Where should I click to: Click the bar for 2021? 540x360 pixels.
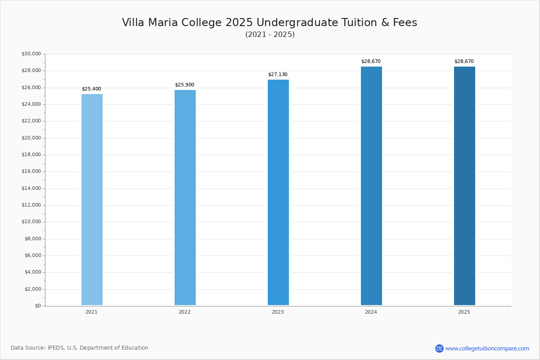coord(92,199)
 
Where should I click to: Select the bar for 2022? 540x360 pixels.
coord(185,198)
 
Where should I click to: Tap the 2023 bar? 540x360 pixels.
coord(278,192)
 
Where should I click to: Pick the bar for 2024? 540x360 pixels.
coord(371,186)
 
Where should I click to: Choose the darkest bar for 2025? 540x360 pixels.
coord(464,186)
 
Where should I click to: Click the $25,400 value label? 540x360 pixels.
coord(91,89)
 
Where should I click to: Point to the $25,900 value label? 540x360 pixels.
coord(184,85)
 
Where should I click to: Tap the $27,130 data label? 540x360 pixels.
coord(278,75)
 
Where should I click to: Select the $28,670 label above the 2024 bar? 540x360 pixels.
coord(371,62)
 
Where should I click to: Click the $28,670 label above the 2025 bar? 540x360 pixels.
coord(464,62)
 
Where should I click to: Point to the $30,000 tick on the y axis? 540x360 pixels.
coord(31,54)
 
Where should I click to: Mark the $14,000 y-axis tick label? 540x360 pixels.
coord(31,189)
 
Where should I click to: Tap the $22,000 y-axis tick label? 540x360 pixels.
coord(31,121)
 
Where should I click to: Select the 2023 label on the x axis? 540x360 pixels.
coord(278,312)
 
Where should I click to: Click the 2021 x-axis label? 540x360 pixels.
coord(91,312)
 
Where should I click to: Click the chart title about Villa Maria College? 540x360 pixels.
coord(270,22)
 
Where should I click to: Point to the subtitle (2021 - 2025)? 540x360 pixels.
coord(270,35)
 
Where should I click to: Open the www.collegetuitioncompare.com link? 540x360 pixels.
coord(487,348)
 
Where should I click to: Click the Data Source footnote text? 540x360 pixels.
coord(80,348)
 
